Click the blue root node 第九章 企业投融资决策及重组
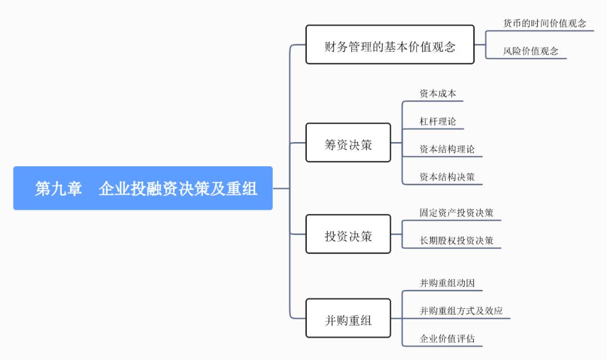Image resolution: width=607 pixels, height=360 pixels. pos(143,188)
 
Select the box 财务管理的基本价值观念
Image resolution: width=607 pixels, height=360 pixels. pos(389,45)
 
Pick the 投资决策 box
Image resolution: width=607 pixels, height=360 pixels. pos(348,234)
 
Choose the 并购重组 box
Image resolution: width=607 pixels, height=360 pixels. pos(348,318)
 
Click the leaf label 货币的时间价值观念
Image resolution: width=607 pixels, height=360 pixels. pos(544,24)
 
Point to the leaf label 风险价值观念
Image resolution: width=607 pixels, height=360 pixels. pos(530,51)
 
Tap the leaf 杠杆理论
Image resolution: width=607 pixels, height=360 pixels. pos(437,121)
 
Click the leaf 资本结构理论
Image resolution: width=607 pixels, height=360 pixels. pos(447,149)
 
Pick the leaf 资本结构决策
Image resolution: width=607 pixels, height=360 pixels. pos(447,177)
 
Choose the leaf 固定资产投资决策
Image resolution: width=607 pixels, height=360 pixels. pos(456,213)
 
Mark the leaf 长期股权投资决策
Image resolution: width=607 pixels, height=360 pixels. pos(456,241)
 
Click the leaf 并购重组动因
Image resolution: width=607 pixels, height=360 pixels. pos(447,283)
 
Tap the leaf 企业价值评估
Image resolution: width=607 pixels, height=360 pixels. pos(447,339)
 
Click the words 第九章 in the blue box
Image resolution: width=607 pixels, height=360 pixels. pos(58,189)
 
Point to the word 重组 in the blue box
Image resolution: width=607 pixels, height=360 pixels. pos(242,189)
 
